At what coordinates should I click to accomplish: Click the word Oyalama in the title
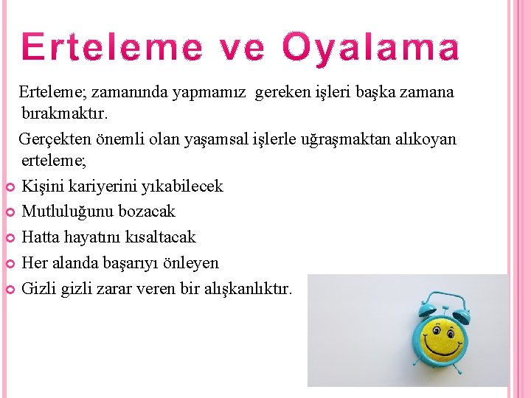371,48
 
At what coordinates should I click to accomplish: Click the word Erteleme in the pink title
113,48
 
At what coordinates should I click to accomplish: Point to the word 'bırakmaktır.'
65,115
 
